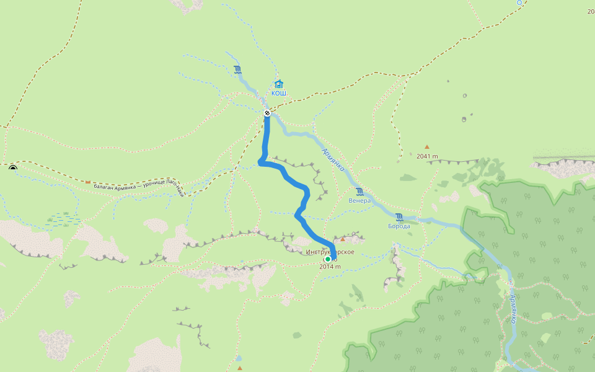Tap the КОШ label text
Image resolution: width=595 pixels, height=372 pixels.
coord(279,93)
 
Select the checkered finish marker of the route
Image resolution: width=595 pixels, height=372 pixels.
coord(267,113)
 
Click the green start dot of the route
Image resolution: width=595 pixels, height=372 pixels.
coord(328,259)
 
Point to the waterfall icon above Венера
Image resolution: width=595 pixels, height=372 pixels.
coord(359,191)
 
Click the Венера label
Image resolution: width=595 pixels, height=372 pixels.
coord(359,200)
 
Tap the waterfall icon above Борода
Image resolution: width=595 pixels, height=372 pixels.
coord(399,217)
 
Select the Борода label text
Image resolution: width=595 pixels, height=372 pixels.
coord(399,226)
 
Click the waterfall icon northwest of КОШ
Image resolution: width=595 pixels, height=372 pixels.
coord(238,69)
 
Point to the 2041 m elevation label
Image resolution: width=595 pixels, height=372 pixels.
coord(427,156)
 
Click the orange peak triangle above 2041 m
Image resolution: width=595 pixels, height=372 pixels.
coord(426,147)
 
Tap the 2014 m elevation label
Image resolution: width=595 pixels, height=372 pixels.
coord(330,267)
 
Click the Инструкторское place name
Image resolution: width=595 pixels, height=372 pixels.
coord(330,252)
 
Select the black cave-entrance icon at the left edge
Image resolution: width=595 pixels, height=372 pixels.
coord(13,167)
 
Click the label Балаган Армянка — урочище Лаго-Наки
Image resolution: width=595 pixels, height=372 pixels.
coord(139,186)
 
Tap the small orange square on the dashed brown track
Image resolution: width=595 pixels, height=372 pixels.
coord(88,182)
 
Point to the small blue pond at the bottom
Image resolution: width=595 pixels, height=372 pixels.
coord(239,358)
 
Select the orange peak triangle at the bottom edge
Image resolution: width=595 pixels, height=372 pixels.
coord(240,368)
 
